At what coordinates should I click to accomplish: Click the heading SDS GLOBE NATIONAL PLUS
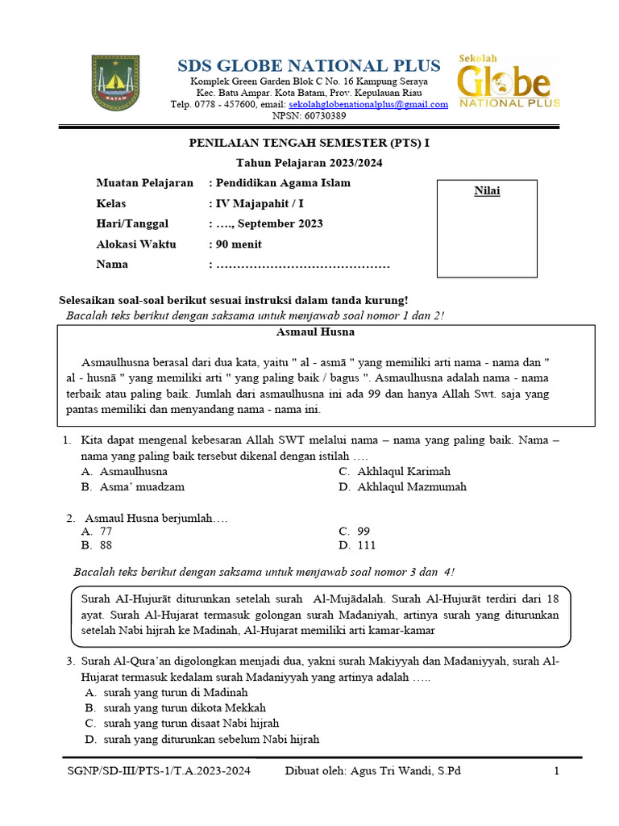point(309,65)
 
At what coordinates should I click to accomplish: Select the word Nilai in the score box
point(487,190)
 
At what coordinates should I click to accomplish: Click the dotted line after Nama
point(303,265)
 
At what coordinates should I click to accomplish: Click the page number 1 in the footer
point(555,771)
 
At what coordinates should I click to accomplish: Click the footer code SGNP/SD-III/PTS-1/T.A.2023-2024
point(159,771)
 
